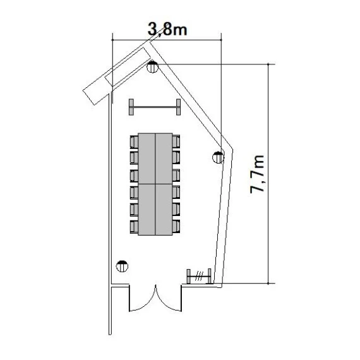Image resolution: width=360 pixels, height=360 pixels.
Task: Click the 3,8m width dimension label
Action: pos(167,29)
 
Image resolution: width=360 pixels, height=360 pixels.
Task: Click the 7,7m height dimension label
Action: pos(257,174)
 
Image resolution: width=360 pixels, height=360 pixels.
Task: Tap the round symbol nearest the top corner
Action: pos(152,66)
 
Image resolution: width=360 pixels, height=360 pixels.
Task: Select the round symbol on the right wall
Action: pos(218,157)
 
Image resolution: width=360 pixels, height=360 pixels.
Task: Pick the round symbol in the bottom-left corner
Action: pos(122,267)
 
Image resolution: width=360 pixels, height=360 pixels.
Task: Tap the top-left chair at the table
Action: pos(134,142)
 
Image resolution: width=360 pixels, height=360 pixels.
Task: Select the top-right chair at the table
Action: pos(176,141)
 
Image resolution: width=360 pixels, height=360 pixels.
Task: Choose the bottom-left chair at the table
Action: pos(134,227)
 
